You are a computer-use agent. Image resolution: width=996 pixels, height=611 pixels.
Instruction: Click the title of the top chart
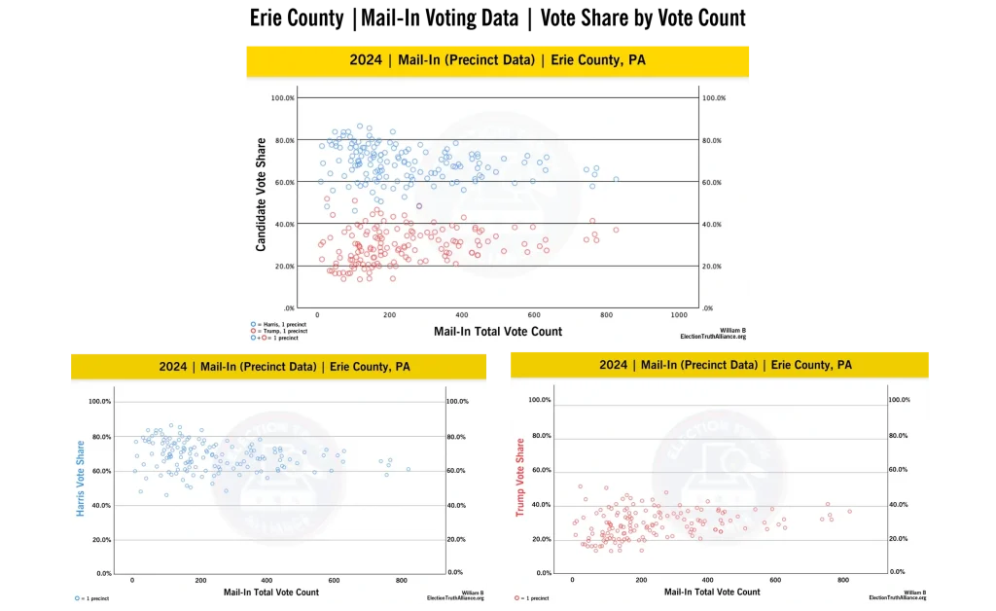pos(497,60)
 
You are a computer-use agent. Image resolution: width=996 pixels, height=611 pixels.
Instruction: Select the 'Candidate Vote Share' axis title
pos(261,195)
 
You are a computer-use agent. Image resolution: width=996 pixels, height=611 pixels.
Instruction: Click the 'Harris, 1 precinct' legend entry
pos(282,324)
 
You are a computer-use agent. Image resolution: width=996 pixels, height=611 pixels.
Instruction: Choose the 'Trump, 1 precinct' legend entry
pos(282,331)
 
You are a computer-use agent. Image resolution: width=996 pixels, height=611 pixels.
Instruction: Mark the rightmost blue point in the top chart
pos(616,180)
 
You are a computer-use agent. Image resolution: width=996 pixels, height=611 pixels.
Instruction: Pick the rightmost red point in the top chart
pos(616,230)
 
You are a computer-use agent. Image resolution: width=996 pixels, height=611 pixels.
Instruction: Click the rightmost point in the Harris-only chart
pos(409,469)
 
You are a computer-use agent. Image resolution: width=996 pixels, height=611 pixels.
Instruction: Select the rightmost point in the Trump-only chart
pos(849,511)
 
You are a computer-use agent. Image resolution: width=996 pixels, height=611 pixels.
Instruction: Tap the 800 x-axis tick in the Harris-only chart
pos(402,581)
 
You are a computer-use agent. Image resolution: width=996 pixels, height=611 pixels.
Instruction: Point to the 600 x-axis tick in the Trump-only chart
pos(775,581)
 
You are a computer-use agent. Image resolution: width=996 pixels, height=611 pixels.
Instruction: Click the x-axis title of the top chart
pos(498,332)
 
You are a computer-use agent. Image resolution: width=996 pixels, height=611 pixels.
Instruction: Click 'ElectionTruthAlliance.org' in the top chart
pos(714,337)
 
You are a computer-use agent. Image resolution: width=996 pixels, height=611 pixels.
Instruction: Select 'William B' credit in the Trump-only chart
pos(914,592)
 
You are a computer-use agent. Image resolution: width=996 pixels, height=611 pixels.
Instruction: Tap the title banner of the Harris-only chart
pos(279,367)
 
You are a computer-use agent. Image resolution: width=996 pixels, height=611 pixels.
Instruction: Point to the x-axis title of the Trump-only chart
pos(712,592)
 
